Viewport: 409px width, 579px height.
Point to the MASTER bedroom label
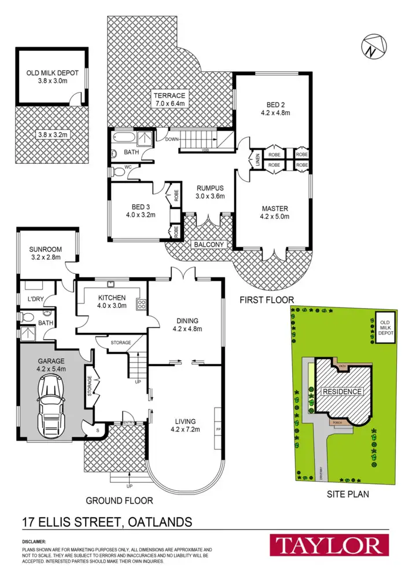275,208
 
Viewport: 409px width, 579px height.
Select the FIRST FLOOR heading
267,299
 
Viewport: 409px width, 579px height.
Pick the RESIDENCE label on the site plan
342,391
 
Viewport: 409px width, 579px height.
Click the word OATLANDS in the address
160,523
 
